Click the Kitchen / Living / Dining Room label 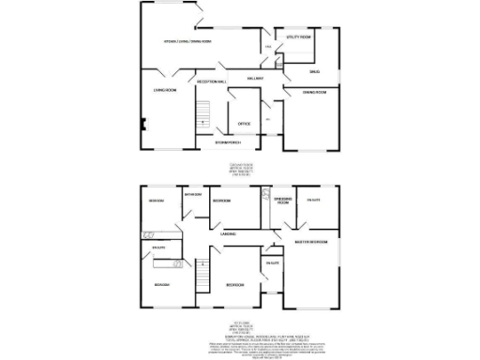click(187, 42)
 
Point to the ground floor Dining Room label click(314, 92)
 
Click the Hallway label click(254, 79)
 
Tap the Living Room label click(165, 90)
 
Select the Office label click(243, 124)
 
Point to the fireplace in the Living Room click(142, 122)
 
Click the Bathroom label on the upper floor click(193, 195)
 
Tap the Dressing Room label click(283, 199)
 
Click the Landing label click(227, 232)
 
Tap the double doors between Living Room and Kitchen click(166, 71)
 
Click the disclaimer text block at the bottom click(240, 349)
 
